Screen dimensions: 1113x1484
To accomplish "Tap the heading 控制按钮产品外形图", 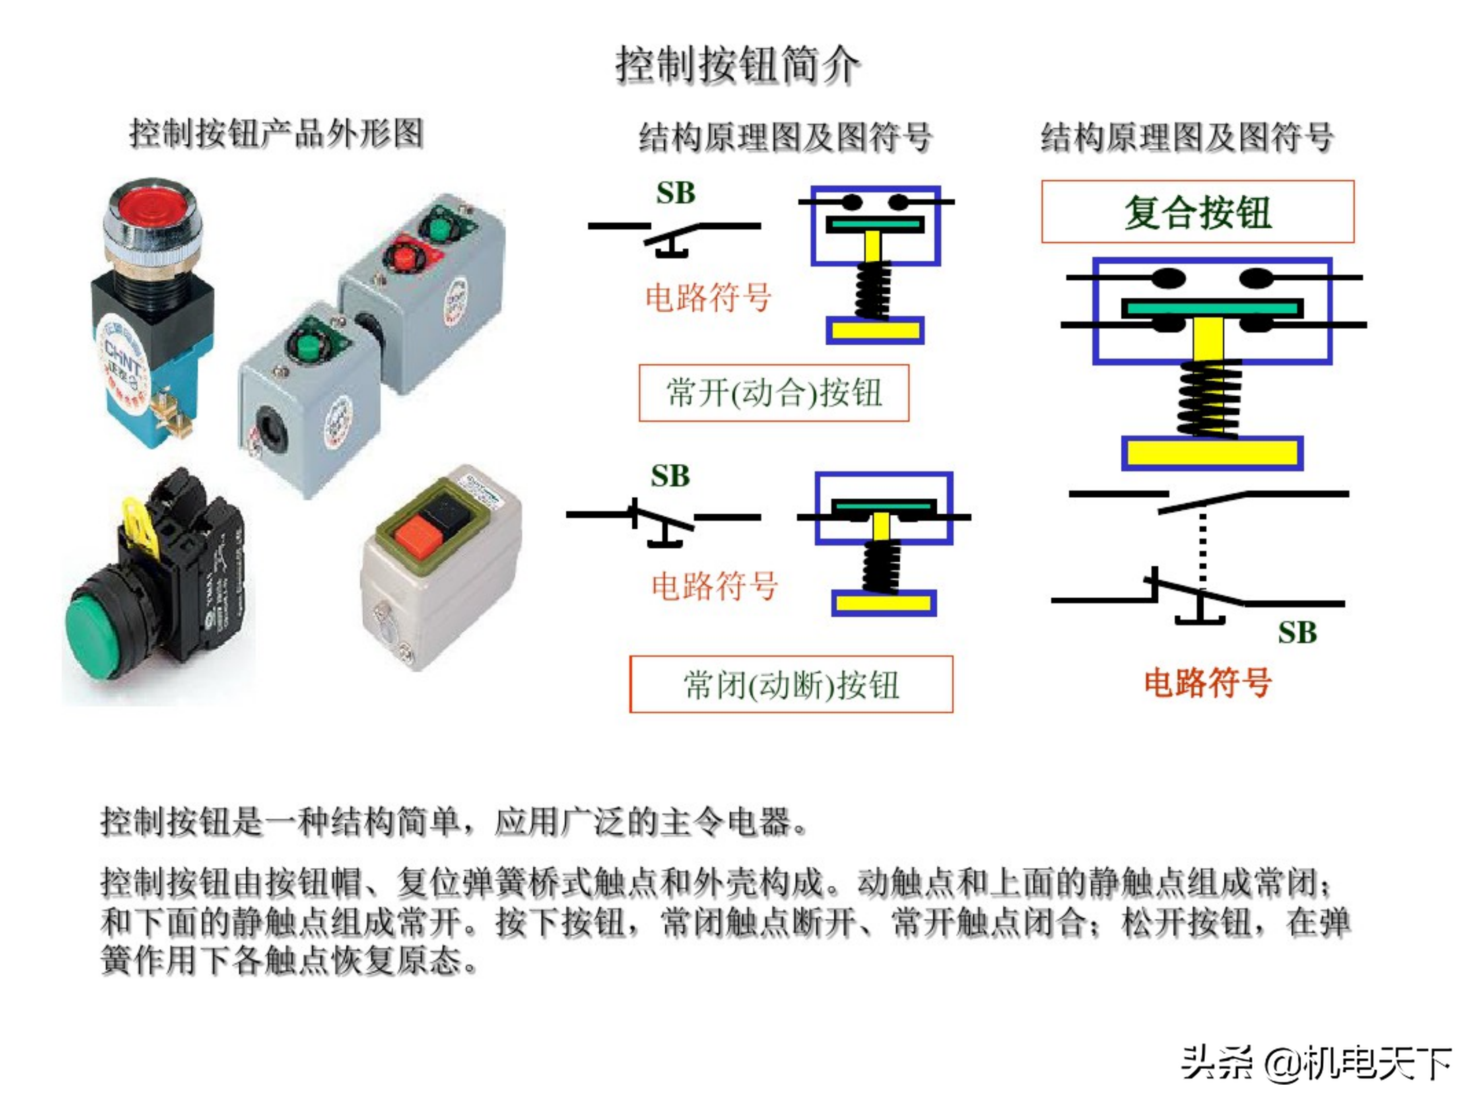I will click(x=276, y=133).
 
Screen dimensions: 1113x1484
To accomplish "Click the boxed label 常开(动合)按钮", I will click(x=773, y=393).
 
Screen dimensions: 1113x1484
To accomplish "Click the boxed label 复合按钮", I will click(x=1197, y=212).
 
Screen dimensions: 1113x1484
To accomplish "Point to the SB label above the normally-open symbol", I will click(x=675, y=193).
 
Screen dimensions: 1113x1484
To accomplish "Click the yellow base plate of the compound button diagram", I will click(x=1211, y=453).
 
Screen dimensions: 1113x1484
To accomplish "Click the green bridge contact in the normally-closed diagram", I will click(x=883, y=505).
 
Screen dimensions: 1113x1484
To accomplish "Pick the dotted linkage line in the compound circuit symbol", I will click(x=1202, y=547).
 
